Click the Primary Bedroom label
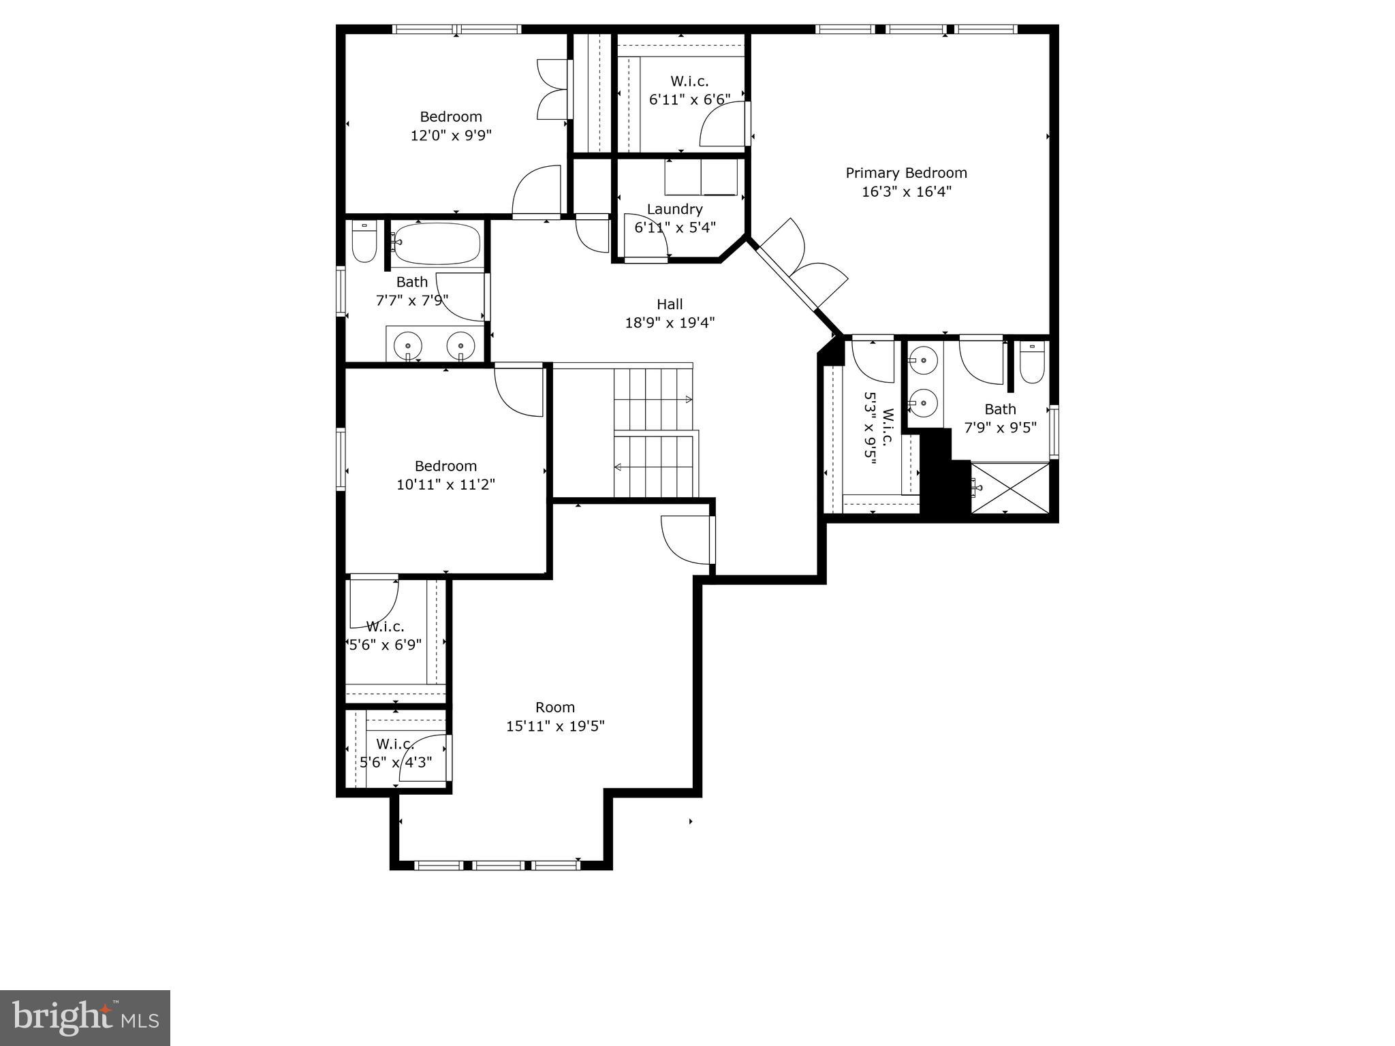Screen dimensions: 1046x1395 click(906, 173)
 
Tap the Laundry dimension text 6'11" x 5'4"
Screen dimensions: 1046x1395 click(675, 227)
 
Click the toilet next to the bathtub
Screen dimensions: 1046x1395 click(364, 242)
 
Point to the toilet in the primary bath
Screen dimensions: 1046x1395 click(1032, 364)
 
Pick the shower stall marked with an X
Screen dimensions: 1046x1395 click(1009, 488)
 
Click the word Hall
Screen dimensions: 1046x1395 click(670, 304)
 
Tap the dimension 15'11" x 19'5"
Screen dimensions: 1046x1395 click(555, 726)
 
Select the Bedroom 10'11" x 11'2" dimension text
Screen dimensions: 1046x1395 click(445, 485)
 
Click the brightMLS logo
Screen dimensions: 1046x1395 click(84, 1017)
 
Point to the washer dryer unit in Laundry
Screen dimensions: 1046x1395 click(702, 177)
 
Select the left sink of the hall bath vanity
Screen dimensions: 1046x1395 click(408, 345)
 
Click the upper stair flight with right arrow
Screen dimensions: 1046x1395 click(653, 398)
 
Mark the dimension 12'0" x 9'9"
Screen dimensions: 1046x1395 click(450, 136)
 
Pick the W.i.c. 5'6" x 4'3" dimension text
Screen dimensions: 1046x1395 click(396, 762)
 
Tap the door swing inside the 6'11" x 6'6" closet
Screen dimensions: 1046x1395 click(723, 125)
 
